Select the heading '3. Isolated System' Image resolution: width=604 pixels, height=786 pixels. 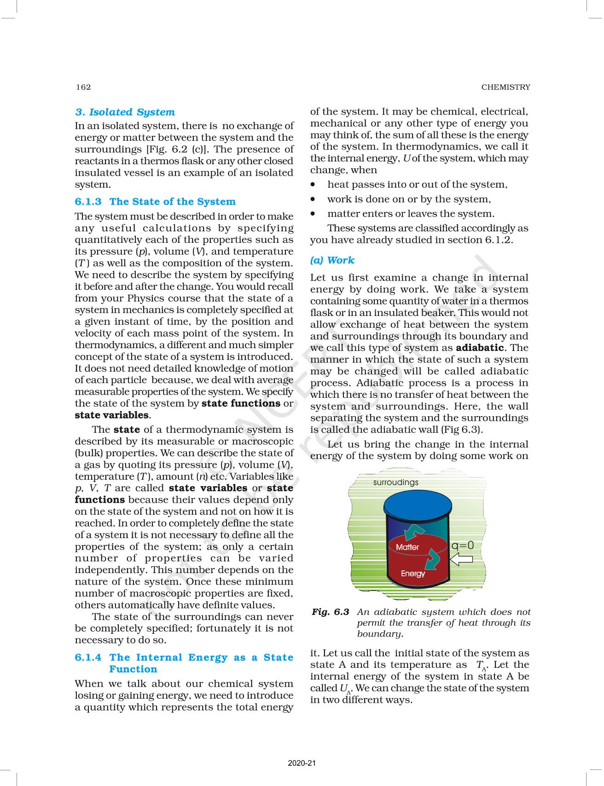[x=125, y=112]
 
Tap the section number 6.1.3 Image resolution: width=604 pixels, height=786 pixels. [x=88, y=202]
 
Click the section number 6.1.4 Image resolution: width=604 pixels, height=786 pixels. [x=88, y=658]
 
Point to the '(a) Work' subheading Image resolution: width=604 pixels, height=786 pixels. [x=332, y=260]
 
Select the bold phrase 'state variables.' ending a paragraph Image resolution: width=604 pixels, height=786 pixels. [x=113, y=415]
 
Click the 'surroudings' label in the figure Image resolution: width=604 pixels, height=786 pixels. [x=395, y=482]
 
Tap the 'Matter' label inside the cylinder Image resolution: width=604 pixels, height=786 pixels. [x=407, y=547]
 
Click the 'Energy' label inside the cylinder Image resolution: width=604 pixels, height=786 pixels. [x=412, y=574]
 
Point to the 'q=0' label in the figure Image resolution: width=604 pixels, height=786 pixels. [x=462, y=545]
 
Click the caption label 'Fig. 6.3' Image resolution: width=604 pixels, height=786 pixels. [x=331, y=612]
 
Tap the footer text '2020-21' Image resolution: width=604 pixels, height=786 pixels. [x=302, y=763]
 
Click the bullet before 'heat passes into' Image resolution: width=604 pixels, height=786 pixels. [x=314, y=185]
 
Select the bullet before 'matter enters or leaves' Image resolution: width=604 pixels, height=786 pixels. [x=314, y=214]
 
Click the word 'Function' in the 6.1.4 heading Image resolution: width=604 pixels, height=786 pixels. [x=133, y=670]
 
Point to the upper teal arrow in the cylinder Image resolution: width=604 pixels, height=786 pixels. [x=413, y=533]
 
